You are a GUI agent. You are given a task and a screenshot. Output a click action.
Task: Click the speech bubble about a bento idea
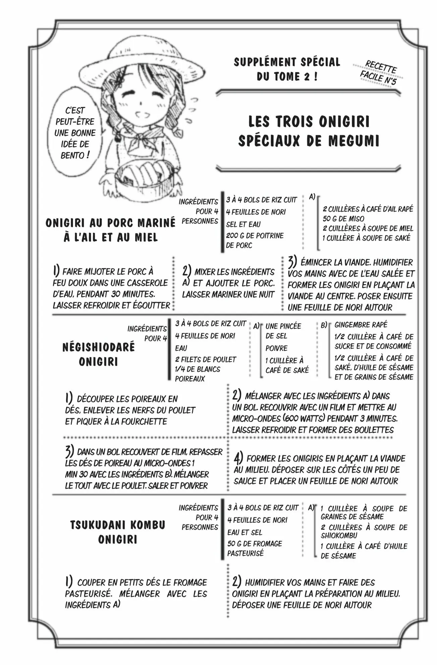pos(74,133)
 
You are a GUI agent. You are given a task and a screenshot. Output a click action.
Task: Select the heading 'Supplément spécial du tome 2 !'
pos(287,69)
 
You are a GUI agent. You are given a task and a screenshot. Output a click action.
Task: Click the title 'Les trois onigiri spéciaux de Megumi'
pos(309,131)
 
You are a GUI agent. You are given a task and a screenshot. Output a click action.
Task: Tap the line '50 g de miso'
pos(343,219)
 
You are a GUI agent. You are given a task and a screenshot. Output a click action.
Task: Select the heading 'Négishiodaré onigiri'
pos(99,354)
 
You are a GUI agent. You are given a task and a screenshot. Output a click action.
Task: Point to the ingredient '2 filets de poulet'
pos(205,359)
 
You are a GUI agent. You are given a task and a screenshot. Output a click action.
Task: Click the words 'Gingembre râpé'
pos(361,324)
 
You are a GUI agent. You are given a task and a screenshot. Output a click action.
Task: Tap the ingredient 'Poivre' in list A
pos(276,348)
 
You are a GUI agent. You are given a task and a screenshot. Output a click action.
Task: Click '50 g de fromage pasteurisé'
pos(254,548)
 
